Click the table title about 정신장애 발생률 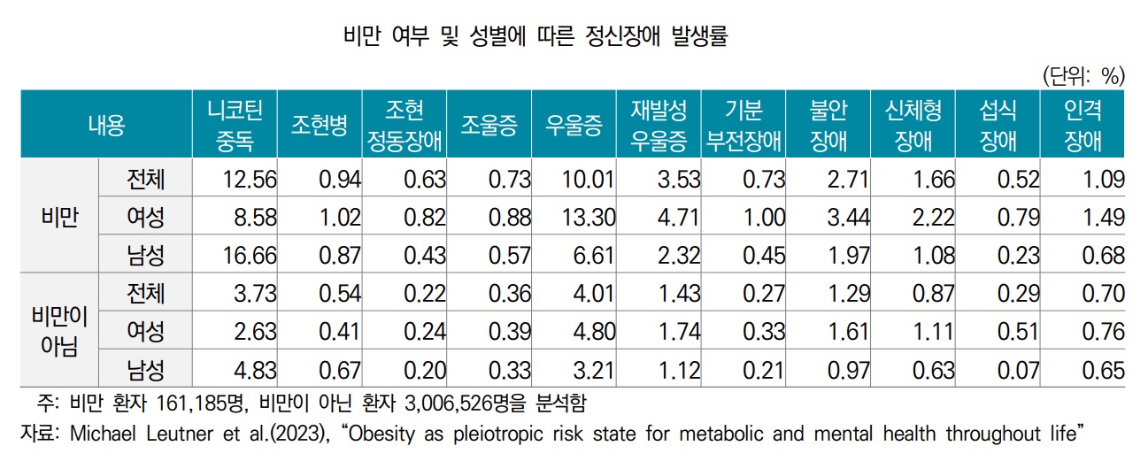(x=540, y=37)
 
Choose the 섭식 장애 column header (x=998, y=125)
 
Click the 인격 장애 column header (x=1083, y=125)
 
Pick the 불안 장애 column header (x=828, y=125)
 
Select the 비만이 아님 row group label (x=60, y=330)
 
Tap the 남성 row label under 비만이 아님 (x=145, y=370)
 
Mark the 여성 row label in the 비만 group (x=145, y=218)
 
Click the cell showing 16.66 (x=251, y=256)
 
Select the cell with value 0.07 (x=1018, y=370)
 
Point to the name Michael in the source (x=100, y=434)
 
